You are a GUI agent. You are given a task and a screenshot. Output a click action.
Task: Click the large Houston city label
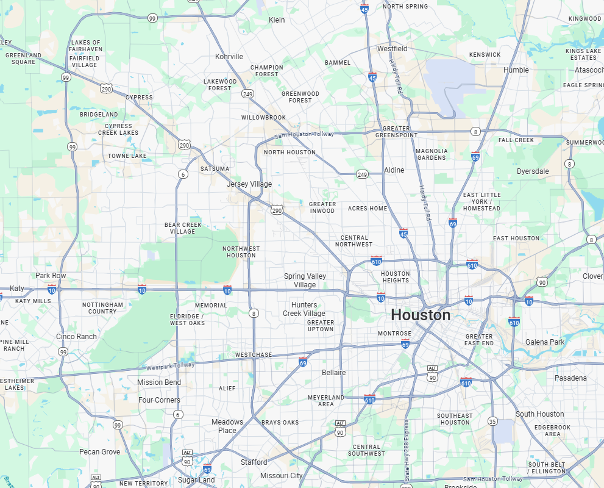click(421, 315)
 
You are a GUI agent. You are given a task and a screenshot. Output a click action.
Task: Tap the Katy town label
click(17, 288)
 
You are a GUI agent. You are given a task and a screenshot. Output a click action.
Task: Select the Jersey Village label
click(249, 184)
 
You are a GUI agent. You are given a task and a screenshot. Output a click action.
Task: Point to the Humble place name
click(516, 70)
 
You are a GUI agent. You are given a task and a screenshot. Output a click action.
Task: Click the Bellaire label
click(333, 373)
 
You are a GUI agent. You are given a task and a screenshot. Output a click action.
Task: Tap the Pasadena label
click(570, 378)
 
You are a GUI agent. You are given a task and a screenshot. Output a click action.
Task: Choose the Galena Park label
click(545, 342)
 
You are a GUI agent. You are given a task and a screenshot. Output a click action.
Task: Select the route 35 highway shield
click(492, 422)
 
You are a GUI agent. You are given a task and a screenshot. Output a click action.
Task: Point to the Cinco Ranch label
click(76, 337)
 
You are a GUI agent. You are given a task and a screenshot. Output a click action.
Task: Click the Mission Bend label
click(158, 382)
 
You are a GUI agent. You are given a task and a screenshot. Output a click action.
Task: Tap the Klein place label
click(277, 20)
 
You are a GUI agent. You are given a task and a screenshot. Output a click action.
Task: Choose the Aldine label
click(394, 170)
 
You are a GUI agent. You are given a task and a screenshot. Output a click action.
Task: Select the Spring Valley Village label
click(305, 281)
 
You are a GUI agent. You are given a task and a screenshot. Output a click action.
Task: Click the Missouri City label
click(281, 476)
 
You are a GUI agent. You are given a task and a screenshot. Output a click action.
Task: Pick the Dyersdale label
click(533, 171)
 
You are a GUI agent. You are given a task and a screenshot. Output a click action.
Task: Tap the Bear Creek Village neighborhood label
click(183, 228)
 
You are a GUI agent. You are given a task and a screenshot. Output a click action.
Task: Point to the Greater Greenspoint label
click(396, 132)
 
